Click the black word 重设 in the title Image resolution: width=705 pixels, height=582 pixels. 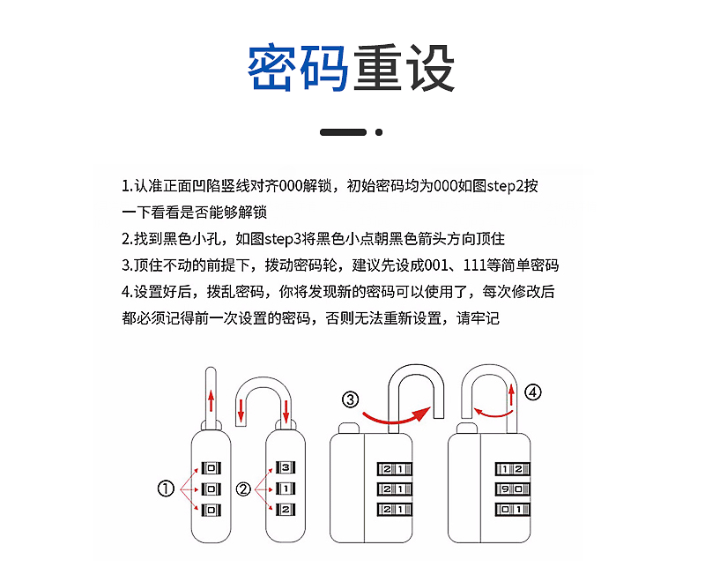click(404, 68)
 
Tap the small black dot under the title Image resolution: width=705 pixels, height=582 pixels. click(379, 132)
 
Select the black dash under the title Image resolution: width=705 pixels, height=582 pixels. click(343, 132)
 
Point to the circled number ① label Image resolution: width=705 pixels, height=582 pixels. click(166, 489)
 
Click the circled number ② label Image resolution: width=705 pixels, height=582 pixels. click(243, 489)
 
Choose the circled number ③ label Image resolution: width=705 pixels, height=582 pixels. click(351, 400)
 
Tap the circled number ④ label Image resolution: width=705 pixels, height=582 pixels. click(532, 392)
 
